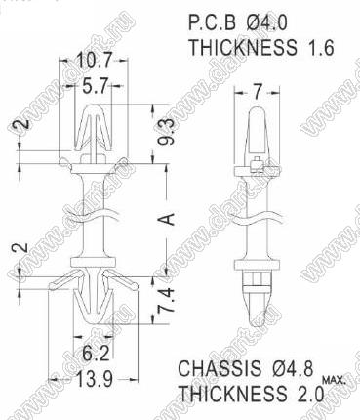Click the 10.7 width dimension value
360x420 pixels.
click(94, 60)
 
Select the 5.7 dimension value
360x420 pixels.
click(94, 86)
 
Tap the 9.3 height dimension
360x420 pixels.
click(168, 133)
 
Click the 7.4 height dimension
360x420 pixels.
click(168, 300)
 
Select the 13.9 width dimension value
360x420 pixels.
click(95, 379)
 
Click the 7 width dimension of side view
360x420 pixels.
click(258, 92)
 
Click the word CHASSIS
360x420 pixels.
click(220, 369)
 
